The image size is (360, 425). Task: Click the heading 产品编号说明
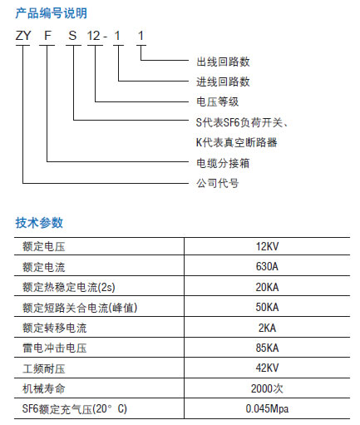52,13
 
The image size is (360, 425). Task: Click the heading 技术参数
39,223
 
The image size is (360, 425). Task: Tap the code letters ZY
23,36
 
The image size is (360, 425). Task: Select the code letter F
47,36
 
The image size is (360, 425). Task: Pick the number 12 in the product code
93,36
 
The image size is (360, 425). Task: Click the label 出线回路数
223,62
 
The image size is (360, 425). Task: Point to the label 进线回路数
223,82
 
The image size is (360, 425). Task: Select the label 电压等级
218,101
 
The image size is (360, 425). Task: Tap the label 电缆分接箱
223,163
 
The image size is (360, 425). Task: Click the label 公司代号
218,183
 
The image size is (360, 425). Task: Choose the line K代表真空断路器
237,142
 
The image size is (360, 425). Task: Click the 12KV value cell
267,246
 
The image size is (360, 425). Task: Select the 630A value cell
267,266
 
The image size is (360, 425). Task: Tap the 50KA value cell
267,307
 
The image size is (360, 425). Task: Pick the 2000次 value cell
267,388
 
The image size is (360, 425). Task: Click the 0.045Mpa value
267,408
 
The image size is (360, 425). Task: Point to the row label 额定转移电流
55,328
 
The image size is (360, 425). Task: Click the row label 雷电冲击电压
55,348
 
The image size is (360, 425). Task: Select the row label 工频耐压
44,368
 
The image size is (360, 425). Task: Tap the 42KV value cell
267,368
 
